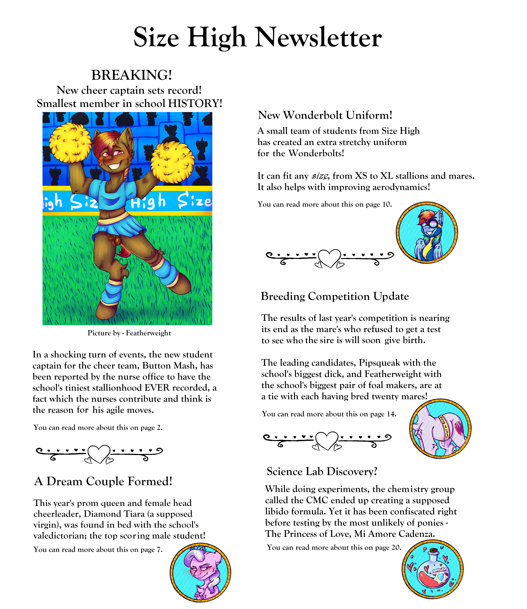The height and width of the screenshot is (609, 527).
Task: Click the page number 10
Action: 386,204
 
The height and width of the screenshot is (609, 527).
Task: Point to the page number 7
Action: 159,550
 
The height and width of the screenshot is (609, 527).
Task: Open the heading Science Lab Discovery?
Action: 322,472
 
